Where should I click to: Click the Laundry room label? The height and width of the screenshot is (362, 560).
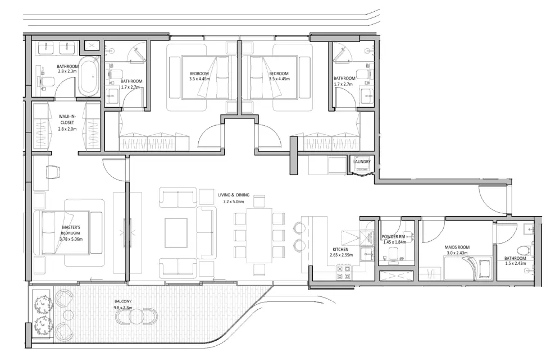(362, 162)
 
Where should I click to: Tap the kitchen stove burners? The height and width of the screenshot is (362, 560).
(343, 272)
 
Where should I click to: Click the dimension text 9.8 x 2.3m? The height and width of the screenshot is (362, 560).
(123, 308)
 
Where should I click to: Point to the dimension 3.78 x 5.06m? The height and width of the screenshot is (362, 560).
(71, 239)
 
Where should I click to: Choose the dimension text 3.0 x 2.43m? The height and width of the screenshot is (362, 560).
(456, 253)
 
